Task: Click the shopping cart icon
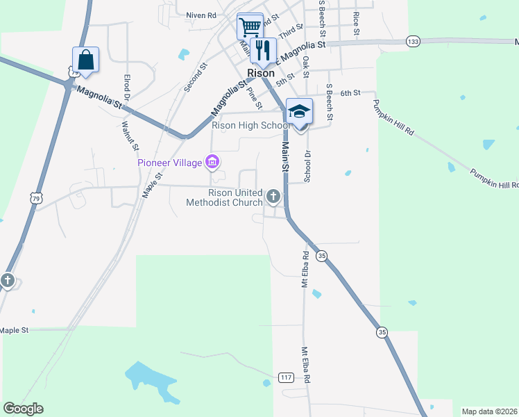point(250,28)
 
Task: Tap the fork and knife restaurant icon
point(263,50)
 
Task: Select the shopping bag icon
point(85,60)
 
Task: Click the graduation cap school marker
point(300,111)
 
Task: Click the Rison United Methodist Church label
point(224,197)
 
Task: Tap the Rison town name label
point(261,72)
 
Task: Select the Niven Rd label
point(202,14)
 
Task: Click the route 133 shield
point(413,42)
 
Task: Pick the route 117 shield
point(286,377)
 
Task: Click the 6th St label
point(352,92)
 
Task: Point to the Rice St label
point(356,23)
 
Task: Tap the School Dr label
point(307,166)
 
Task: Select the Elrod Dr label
point(127,88)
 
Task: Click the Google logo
point(23,409)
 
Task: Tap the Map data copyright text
point(490,411)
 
